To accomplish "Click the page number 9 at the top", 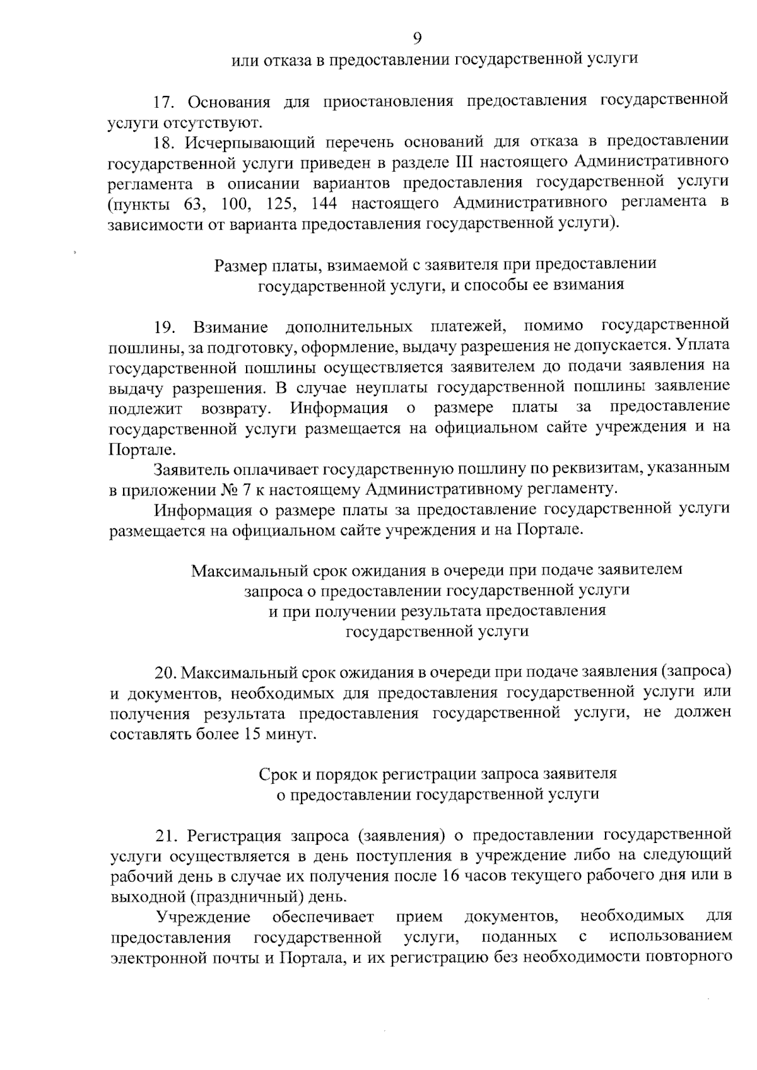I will pyautogui.click(x=417, y=39).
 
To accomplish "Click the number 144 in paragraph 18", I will pyautogui.click(x=324, y=203).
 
